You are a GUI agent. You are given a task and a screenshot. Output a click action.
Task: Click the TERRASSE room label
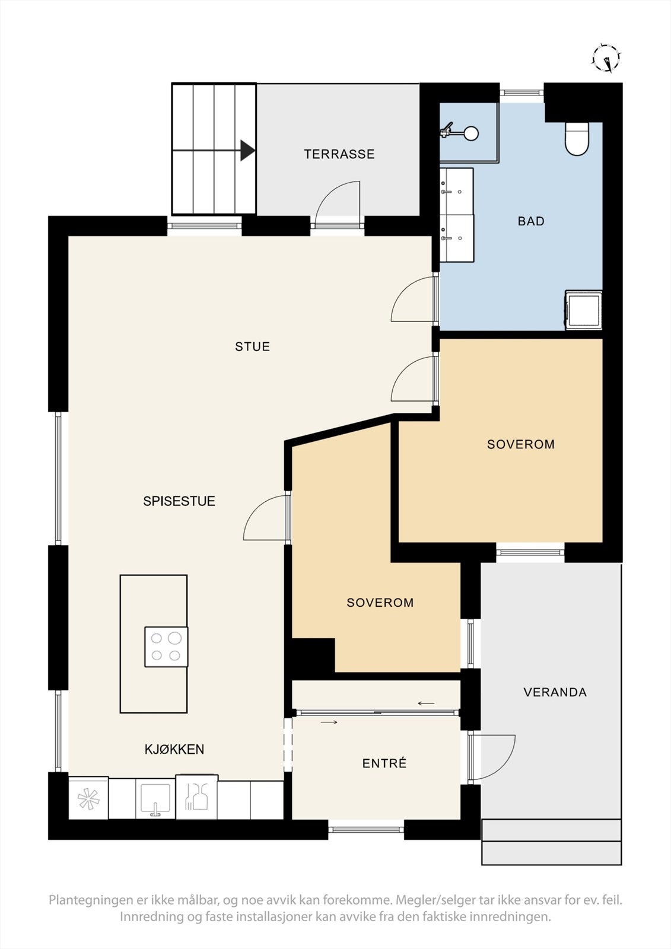(339, 154)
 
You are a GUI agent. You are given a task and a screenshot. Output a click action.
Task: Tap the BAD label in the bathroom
(531, 221)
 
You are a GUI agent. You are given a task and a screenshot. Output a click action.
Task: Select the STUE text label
(253, 346)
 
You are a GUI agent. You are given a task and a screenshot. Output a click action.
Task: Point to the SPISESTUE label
(179, 501)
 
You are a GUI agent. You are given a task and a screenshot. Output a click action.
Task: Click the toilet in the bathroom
(577, 139)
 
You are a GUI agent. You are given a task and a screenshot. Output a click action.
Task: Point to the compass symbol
(607, 59)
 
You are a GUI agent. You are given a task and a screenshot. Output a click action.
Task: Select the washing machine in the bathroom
(583, 310)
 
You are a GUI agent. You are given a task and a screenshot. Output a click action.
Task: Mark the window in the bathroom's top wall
(522, 93)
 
